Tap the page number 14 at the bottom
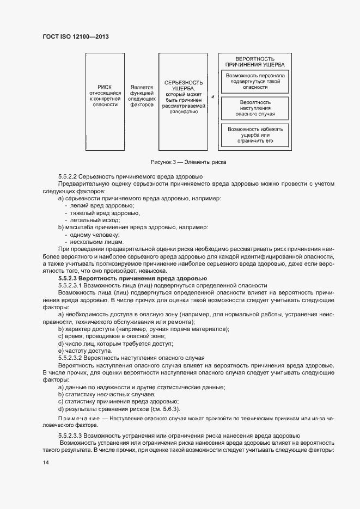(x=46, y=462)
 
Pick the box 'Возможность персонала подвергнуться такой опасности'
(x=255, y=81)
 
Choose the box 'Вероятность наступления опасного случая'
(x=255, y=108)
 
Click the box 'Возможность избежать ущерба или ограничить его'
(x=255, y=135)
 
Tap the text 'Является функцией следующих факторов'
(x=142, y=96)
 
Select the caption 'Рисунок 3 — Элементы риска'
(x=188, y=162)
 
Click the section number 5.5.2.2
(x=67, y=177)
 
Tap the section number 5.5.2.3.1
(x=70, y=286)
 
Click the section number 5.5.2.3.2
(x=70, y=358)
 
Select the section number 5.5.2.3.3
(x=70, y=437)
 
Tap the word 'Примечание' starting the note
(x=75, y=418)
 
